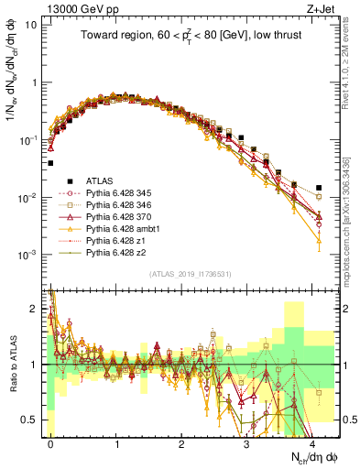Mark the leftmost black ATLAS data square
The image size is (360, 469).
(x=50, y=163)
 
